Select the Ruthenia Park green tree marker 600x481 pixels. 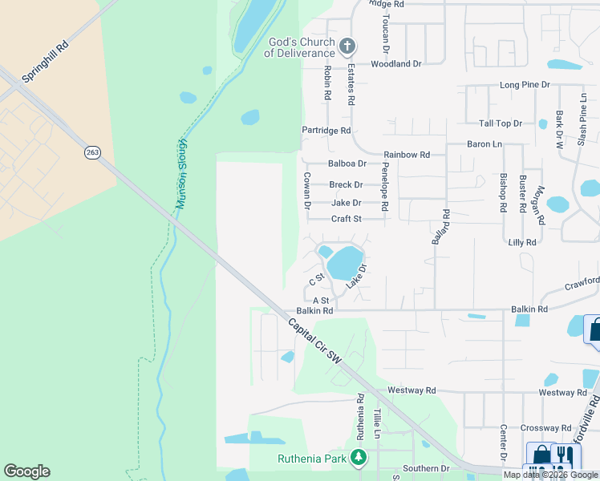click(x=359, y=458)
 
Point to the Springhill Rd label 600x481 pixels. click(x=47, y=63)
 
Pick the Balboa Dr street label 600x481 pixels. click(x=347, y=164)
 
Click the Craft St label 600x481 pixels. click(x=347, y=219)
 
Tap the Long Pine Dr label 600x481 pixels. click(x=525, y=84)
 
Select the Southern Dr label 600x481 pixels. click(x=426, y=468)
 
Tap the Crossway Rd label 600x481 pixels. click(x=545, y=428)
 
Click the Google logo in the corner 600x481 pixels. click(x=26, y=471)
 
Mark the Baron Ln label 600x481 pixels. click(x=484, y=144)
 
